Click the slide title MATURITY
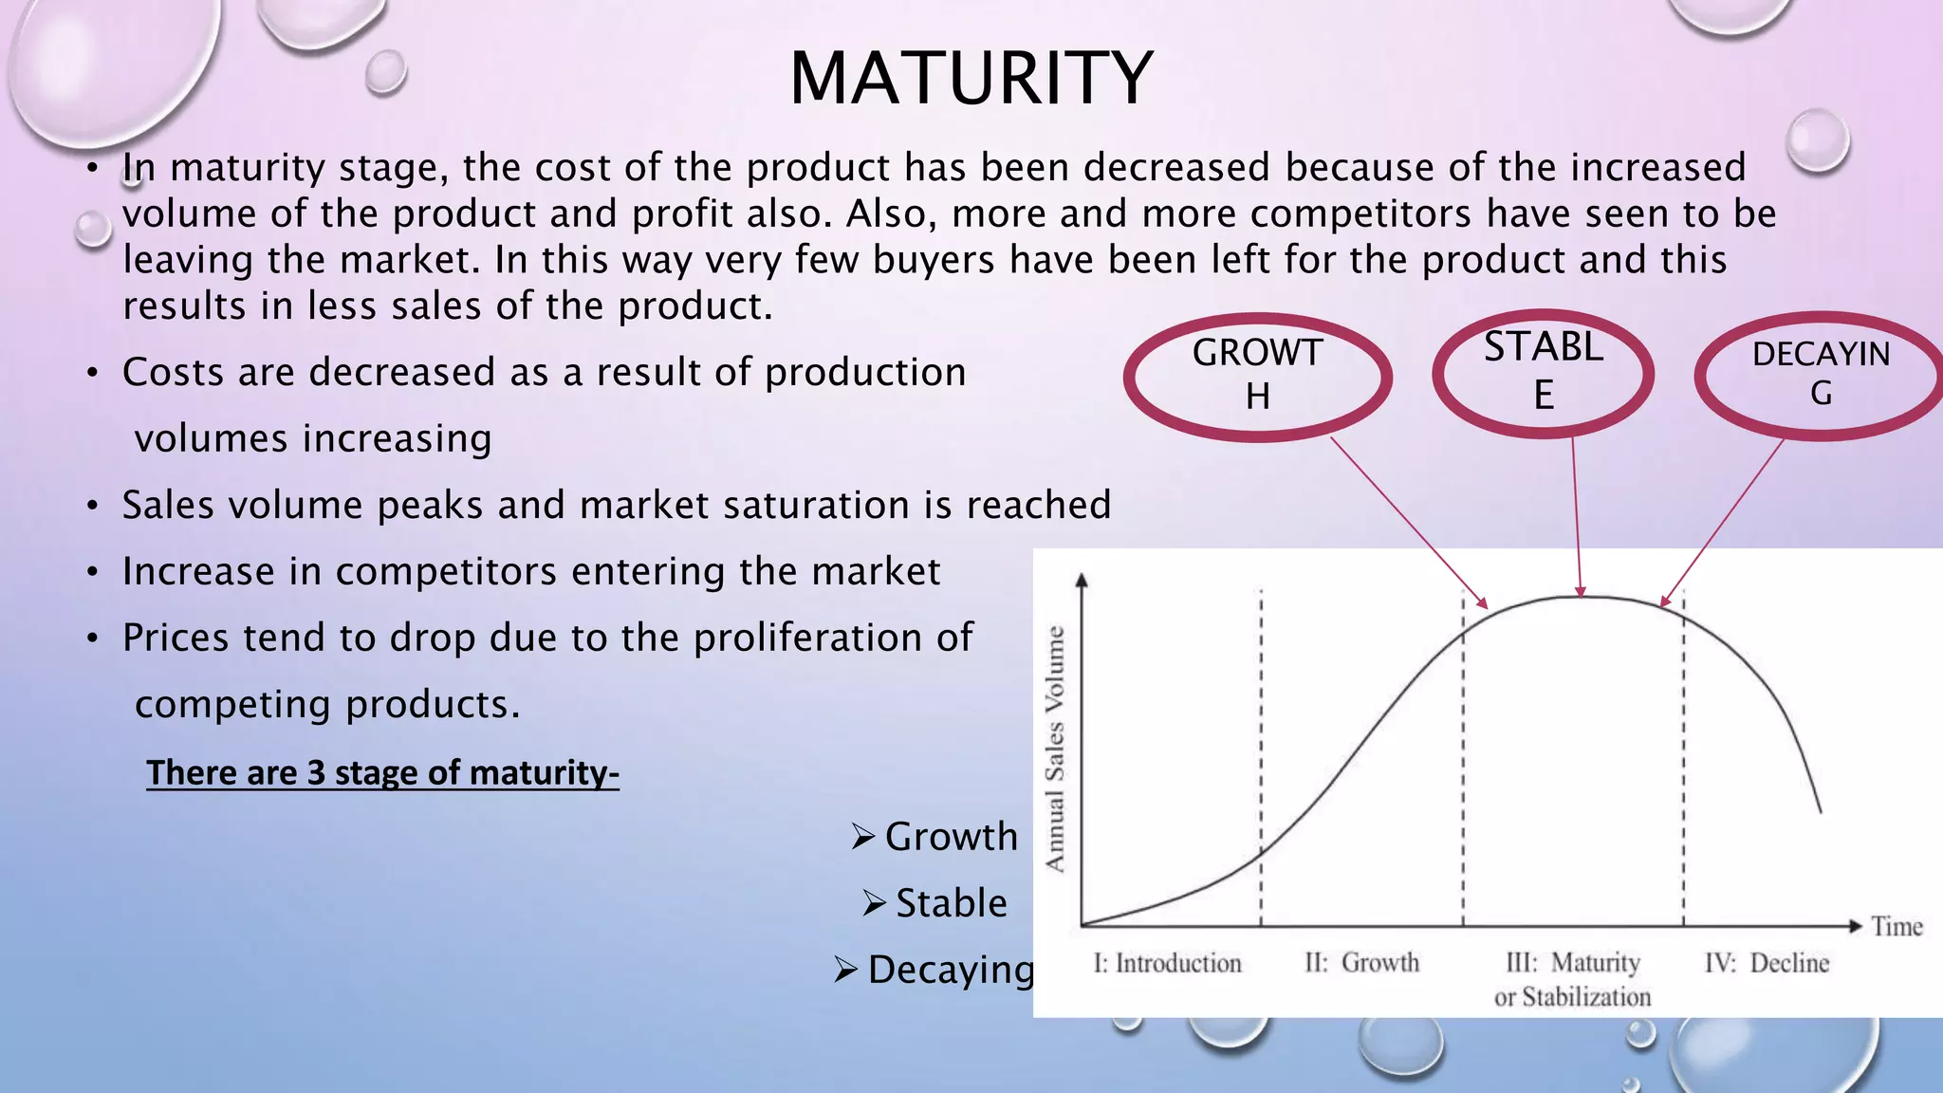click(x=971, y=78)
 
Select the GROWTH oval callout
click(x=1257, y=375)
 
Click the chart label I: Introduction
click(x=1167, y=963)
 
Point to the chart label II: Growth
click(x=1361, y=963)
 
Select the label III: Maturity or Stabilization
click(x=1573, y=979)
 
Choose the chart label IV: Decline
click(x=1767, y=963)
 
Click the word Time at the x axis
click(x=1897, y=926)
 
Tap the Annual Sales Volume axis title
click(x=1055, y=750)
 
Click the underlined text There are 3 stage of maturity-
click(x=382, y=772)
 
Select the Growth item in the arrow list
click(x=951, y=837)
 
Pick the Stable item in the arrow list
click(x=951, y=903)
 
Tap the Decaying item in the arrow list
click(x=950, y=970)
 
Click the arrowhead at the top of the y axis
click(x=1082, y=580)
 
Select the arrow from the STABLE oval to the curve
click(x=1577, y=517)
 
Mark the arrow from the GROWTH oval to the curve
click(x=1409, y=522)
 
